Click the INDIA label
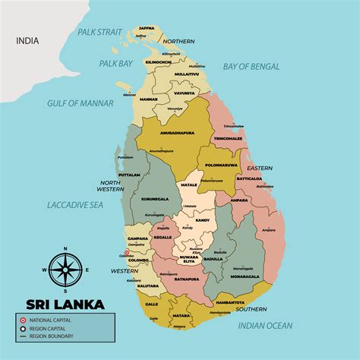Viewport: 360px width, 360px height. pyautogui.click(x=29, y=43)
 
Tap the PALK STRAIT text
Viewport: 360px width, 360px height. pyautogui.click(x=98, y=32)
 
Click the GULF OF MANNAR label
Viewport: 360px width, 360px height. pyautogui.click(x=80, y=102)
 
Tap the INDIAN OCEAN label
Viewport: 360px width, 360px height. pyautogui.click(x=265, y=325)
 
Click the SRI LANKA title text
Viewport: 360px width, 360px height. pyautogui.click(x=66, y=303)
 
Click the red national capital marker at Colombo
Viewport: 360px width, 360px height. pyautogui.click(x=127, y=255)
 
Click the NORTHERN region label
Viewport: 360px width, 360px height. pyautogui.click(x=179, y=41)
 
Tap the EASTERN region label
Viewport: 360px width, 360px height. pyautogui.click(x=259, y=168)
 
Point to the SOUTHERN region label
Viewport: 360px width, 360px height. pyautogui.click(x=251, y=309)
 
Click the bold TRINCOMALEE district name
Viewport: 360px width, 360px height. pyautogui.click(x=228, y=138)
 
